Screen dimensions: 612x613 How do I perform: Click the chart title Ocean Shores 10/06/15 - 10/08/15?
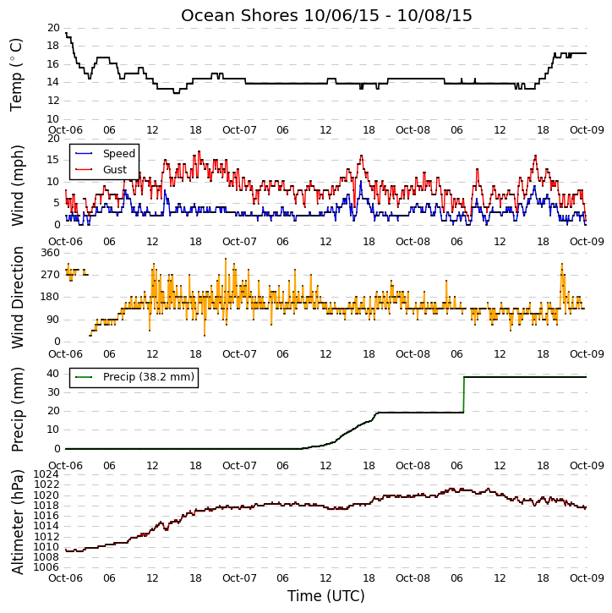click(x=326, y=15)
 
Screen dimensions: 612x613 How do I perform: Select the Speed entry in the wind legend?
click(x=119, y=154)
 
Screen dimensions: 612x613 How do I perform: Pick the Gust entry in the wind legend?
click(x=115, y=170)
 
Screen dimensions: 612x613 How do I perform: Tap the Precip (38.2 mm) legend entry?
click(x=149, y=377)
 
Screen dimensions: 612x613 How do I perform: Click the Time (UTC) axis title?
click(x=326, y=596)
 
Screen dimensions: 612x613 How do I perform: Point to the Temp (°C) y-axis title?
click(x=15, y=74)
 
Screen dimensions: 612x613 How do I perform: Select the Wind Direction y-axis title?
click(x=17, y=298)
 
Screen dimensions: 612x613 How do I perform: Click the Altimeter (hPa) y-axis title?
click(x=17, y=522)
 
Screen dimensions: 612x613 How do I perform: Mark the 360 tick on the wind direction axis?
click(x=51, y=253)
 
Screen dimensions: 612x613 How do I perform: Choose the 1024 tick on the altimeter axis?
click(x=46, y=474)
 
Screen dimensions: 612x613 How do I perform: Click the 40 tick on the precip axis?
click(x=53, y=374)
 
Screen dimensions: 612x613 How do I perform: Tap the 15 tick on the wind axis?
click(x=53, y=160)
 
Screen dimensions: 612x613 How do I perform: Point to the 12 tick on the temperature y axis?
click(x=53, y=101)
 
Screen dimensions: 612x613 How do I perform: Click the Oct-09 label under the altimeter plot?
click(x=587, y=577)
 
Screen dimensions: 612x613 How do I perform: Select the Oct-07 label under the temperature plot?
click(x=239, y=130)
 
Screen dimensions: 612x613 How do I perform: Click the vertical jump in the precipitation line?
click(x=464, y=395)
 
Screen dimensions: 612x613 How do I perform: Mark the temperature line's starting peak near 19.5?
click(x=67, y=34)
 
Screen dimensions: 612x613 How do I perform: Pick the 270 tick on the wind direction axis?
click(x=51, y=275)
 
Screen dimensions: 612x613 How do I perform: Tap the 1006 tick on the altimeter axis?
click(x=46, y=567)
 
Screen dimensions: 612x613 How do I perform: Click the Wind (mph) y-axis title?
click(x=17, y=186)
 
